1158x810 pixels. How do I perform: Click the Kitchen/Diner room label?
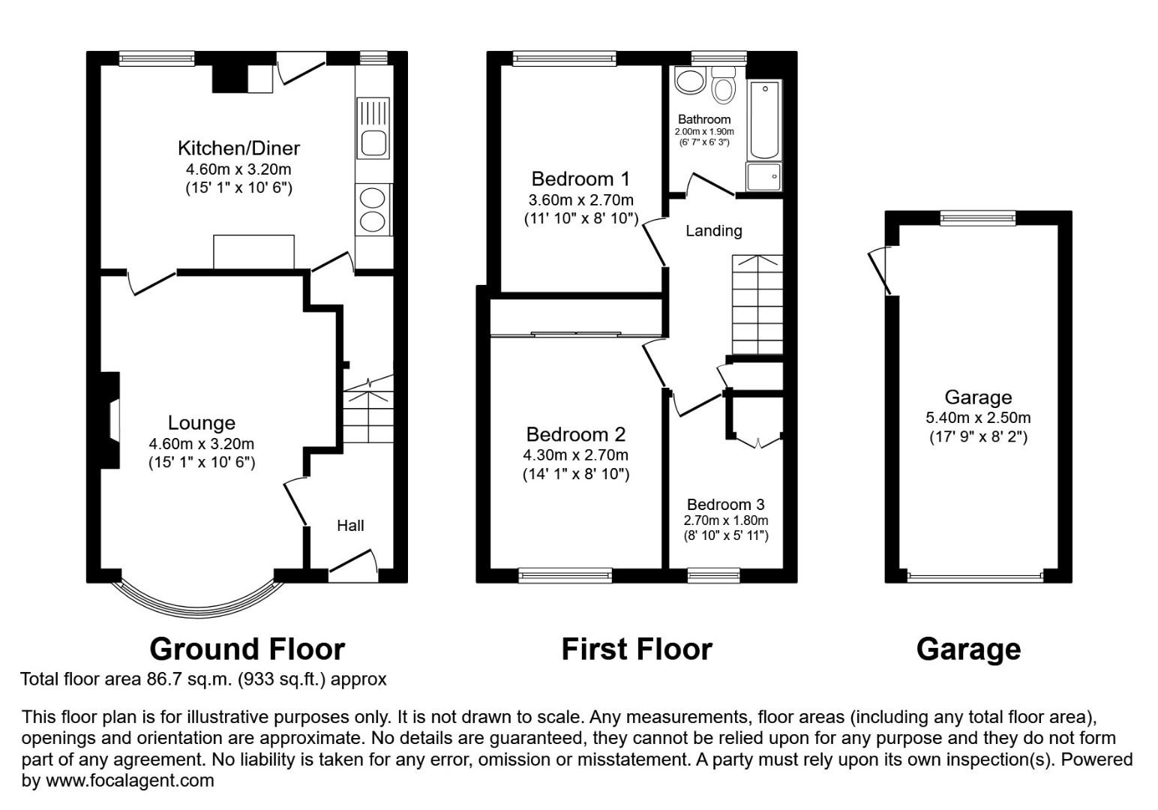[x=238, y=148]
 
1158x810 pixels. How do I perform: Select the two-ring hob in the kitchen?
[x=373, y=209]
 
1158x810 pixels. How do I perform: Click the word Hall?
[x=350, y=526]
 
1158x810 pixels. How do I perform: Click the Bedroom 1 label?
[x=580, y=179]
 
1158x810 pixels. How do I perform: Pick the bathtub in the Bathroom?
[x=764, y=120]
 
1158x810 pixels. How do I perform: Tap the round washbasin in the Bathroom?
[x=687, y=81]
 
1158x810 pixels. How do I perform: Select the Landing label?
[x=713, y=231]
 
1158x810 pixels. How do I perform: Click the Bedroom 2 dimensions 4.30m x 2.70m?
[x=575, y=454]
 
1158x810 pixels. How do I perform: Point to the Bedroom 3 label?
[x=725, y=505]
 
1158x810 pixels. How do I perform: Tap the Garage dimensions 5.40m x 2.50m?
[x=977, y=418]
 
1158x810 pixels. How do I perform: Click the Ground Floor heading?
[x=247, y=649]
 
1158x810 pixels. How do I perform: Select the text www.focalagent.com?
[x=130, y=781]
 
